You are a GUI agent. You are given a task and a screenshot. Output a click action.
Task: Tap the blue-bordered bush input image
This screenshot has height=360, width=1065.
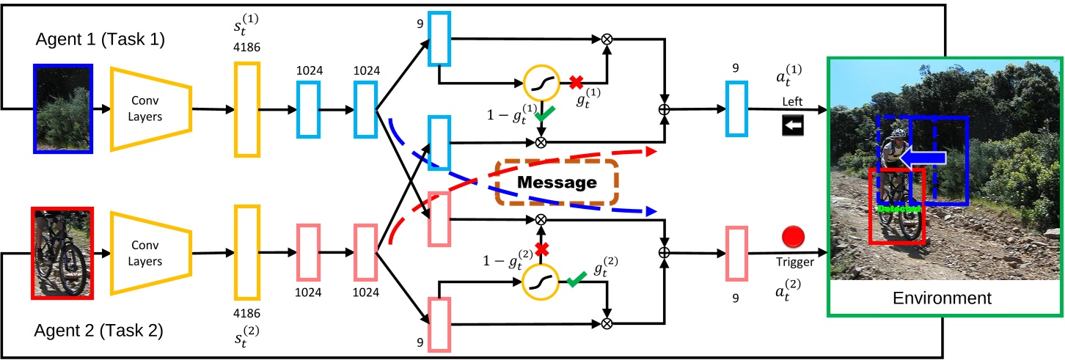point(63,109)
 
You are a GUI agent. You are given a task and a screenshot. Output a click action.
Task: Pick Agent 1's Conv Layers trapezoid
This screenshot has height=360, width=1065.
point(151,109)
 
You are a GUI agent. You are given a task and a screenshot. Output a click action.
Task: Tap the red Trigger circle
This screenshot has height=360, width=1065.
point(794,238)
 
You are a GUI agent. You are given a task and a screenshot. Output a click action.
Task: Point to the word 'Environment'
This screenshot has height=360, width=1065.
point(942,298)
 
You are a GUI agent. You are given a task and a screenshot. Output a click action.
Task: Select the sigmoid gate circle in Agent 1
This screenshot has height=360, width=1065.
point(542,84)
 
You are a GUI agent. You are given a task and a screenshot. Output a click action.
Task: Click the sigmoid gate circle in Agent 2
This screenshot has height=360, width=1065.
point(542,281)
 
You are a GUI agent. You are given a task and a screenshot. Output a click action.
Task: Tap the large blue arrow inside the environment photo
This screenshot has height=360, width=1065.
point(920,157)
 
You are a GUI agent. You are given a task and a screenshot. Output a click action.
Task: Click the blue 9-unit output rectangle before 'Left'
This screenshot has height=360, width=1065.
point(736,109)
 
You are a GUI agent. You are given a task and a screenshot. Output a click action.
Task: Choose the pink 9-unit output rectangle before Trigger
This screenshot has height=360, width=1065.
point(736,251)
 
